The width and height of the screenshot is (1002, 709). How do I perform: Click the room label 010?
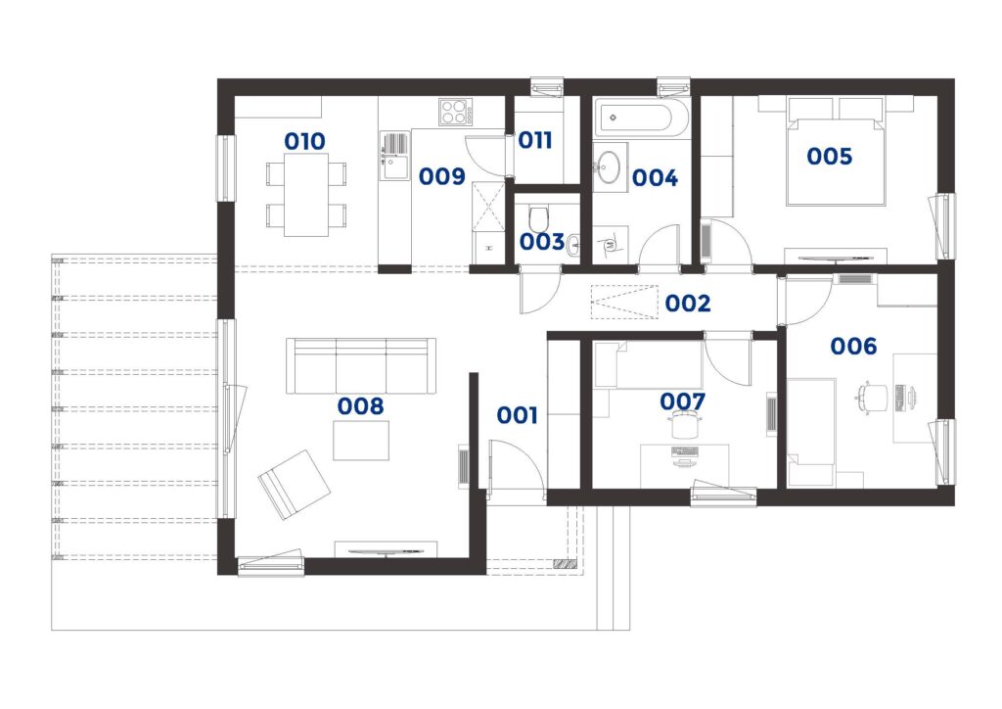304,141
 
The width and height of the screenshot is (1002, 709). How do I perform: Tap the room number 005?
829,156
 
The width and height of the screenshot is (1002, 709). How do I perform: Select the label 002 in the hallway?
688,303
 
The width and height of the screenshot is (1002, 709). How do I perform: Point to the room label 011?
534,140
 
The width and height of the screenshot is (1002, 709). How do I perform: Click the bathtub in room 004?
641,118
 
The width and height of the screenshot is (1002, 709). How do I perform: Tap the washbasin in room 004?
610,166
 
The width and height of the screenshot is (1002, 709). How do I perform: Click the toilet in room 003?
540,218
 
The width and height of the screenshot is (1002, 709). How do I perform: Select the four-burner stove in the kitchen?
456,113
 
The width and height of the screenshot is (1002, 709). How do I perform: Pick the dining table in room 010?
306,194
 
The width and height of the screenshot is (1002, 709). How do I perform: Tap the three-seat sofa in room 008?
361,365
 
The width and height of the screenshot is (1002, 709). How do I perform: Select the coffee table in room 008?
361,441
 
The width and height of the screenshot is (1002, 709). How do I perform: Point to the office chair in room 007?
686,424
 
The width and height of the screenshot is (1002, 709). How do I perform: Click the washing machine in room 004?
611,245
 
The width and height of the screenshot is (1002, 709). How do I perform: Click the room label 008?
360,406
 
